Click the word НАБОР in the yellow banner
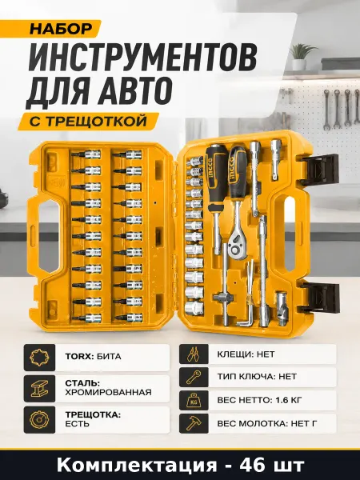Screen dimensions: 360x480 click(x=61, y=29)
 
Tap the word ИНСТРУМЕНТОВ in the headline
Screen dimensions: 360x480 click(x=142, y=58)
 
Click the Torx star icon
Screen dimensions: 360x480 click(x=39, y=358)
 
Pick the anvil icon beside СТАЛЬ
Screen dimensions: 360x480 click(x=39, y=389)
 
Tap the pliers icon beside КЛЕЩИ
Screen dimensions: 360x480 click(x=194, y=354)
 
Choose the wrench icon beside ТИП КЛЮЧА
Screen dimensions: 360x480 click(x=194, y=377)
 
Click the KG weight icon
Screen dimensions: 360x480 click(x=194, y=400)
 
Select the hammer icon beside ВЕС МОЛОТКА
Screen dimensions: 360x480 click(x=194, y=423)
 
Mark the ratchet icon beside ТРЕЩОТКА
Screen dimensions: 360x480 click(x=39, y=419)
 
